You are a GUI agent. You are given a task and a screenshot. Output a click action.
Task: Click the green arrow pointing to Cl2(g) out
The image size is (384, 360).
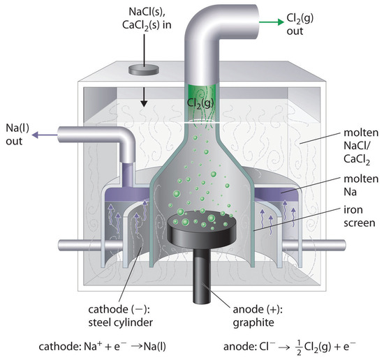pos(272,22)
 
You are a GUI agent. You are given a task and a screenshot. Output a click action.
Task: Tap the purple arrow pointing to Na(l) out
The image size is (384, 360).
pos(45,135)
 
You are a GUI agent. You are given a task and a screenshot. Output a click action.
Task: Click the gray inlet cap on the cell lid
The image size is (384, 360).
pos(144,70)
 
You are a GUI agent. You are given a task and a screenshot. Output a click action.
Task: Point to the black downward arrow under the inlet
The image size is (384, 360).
pos(144,98)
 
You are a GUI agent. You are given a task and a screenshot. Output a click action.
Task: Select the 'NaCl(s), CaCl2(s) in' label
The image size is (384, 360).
pos(147,19)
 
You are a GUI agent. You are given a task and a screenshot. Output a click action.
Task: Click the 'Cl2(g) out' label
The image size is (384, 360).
pos(300,24)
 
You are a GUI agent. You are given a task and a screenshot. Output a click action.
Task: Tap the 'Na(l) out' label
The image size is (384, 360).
pos(17,135)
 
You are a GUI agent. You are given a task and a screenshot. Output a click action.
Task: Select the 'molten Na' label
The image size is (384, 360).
pos(361,186)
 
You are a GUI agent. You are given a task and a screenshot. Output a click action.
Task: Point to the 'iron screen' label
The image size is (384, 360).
pos(359,216)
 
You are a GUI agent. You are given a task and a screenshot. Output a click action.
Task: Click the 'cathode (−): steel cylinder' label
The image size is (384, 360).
pos(120,316)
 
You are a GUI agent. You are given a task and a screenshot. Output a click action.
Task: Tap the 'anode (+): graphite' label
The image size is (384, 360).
pos(258,316)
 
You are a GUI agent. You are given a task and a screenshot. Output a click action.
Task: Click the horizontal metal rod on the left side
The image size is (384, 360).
pos(91,245)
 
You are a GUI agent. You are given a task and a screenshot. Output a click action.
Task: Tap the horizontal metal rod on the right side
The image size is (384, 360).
pos(314,245)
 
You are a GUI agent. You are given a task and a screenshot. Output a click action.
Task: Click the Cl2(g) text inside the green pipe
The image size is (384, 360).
pos(200,103)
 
